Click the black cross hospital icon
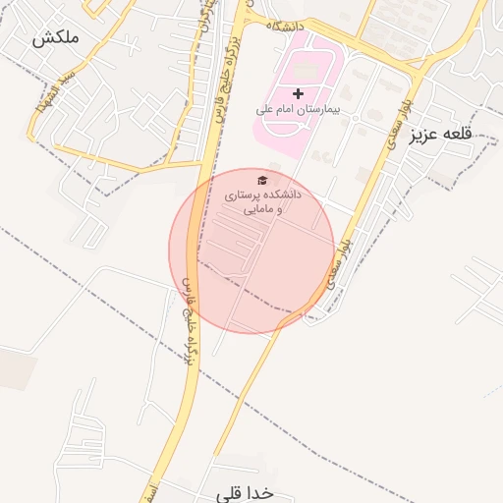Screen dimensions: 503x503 [x=299, y=93]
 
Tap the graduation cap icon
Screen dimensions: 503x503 [x=262, y=180]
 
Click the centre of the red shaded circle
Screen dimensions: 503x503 [x=252, y=251]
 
